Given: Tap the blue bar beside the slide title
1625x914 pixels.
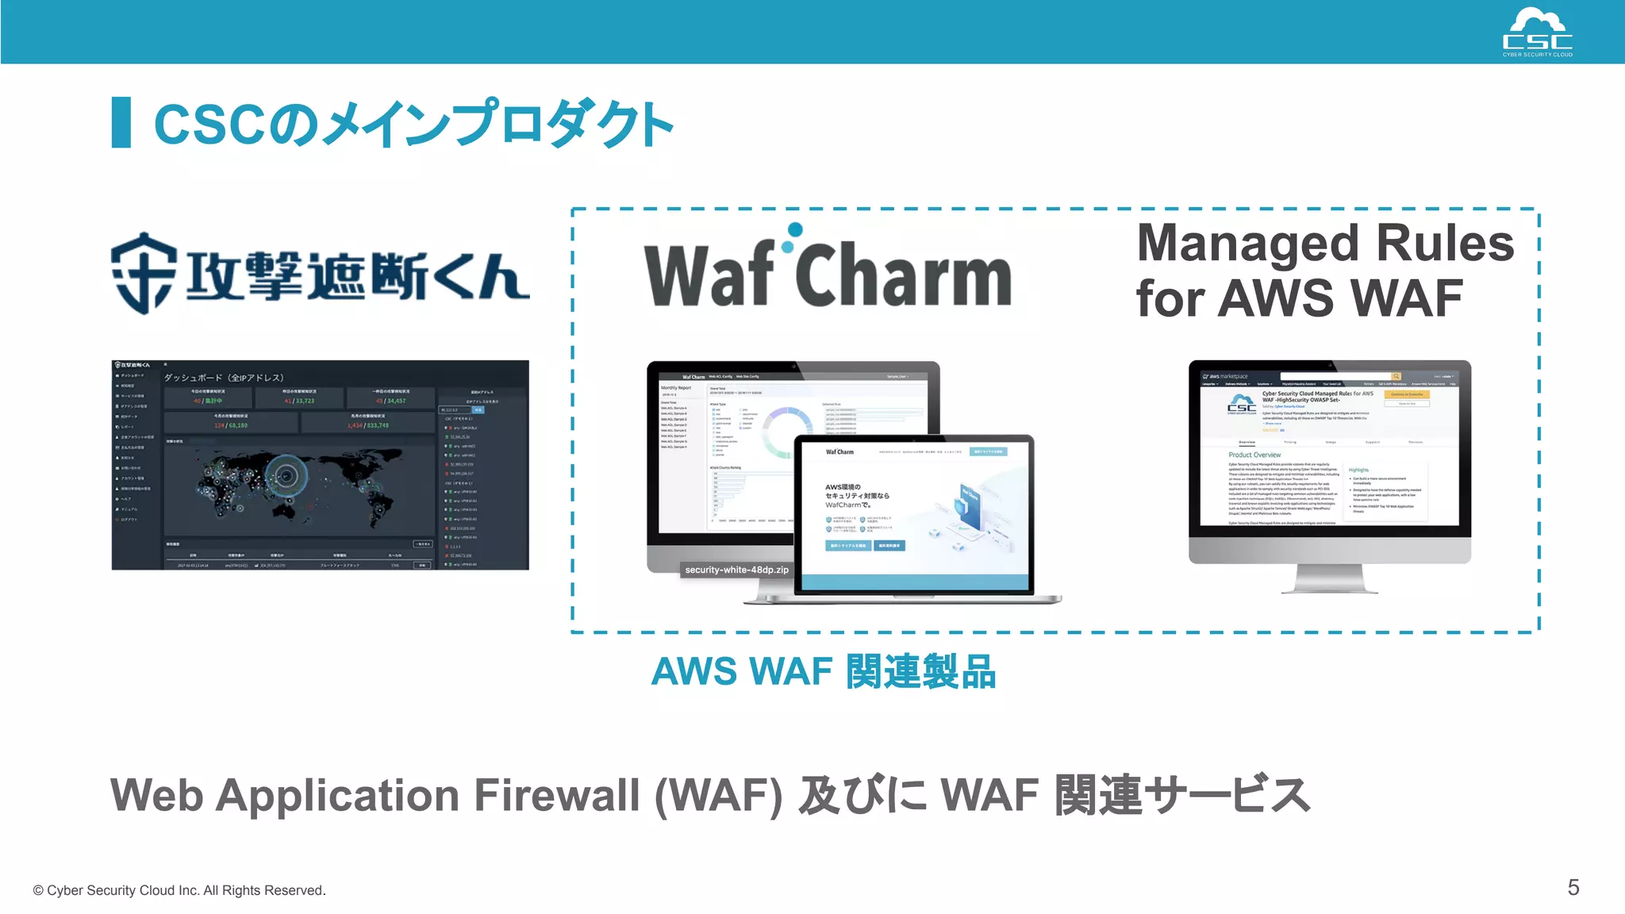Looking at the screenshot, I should point(121,122).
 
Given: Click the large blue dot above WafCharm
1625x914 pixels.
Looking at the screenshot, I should point(794,230).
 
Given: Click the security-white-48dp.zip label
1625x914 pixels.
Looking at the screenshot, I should point(736,570).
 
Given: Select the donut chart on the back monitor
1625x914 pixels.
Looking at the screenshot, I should point(786,432).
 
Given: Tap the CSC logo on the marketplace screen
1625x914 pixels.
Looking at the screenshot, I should point(1241,404).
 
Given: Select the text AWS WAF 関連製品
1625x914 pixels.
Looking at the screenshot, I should point(823,672).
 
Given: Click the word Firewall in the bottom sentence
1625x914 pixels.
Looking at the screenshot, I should point(556,795).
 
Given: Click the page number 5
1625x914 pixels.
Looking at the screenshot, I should point(1573,887).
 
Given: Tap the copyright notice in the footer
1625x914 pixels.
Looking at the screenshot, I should point(179,890).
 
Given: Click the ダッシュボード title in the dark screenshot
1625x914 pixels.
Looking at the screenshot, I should point(223,378).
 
